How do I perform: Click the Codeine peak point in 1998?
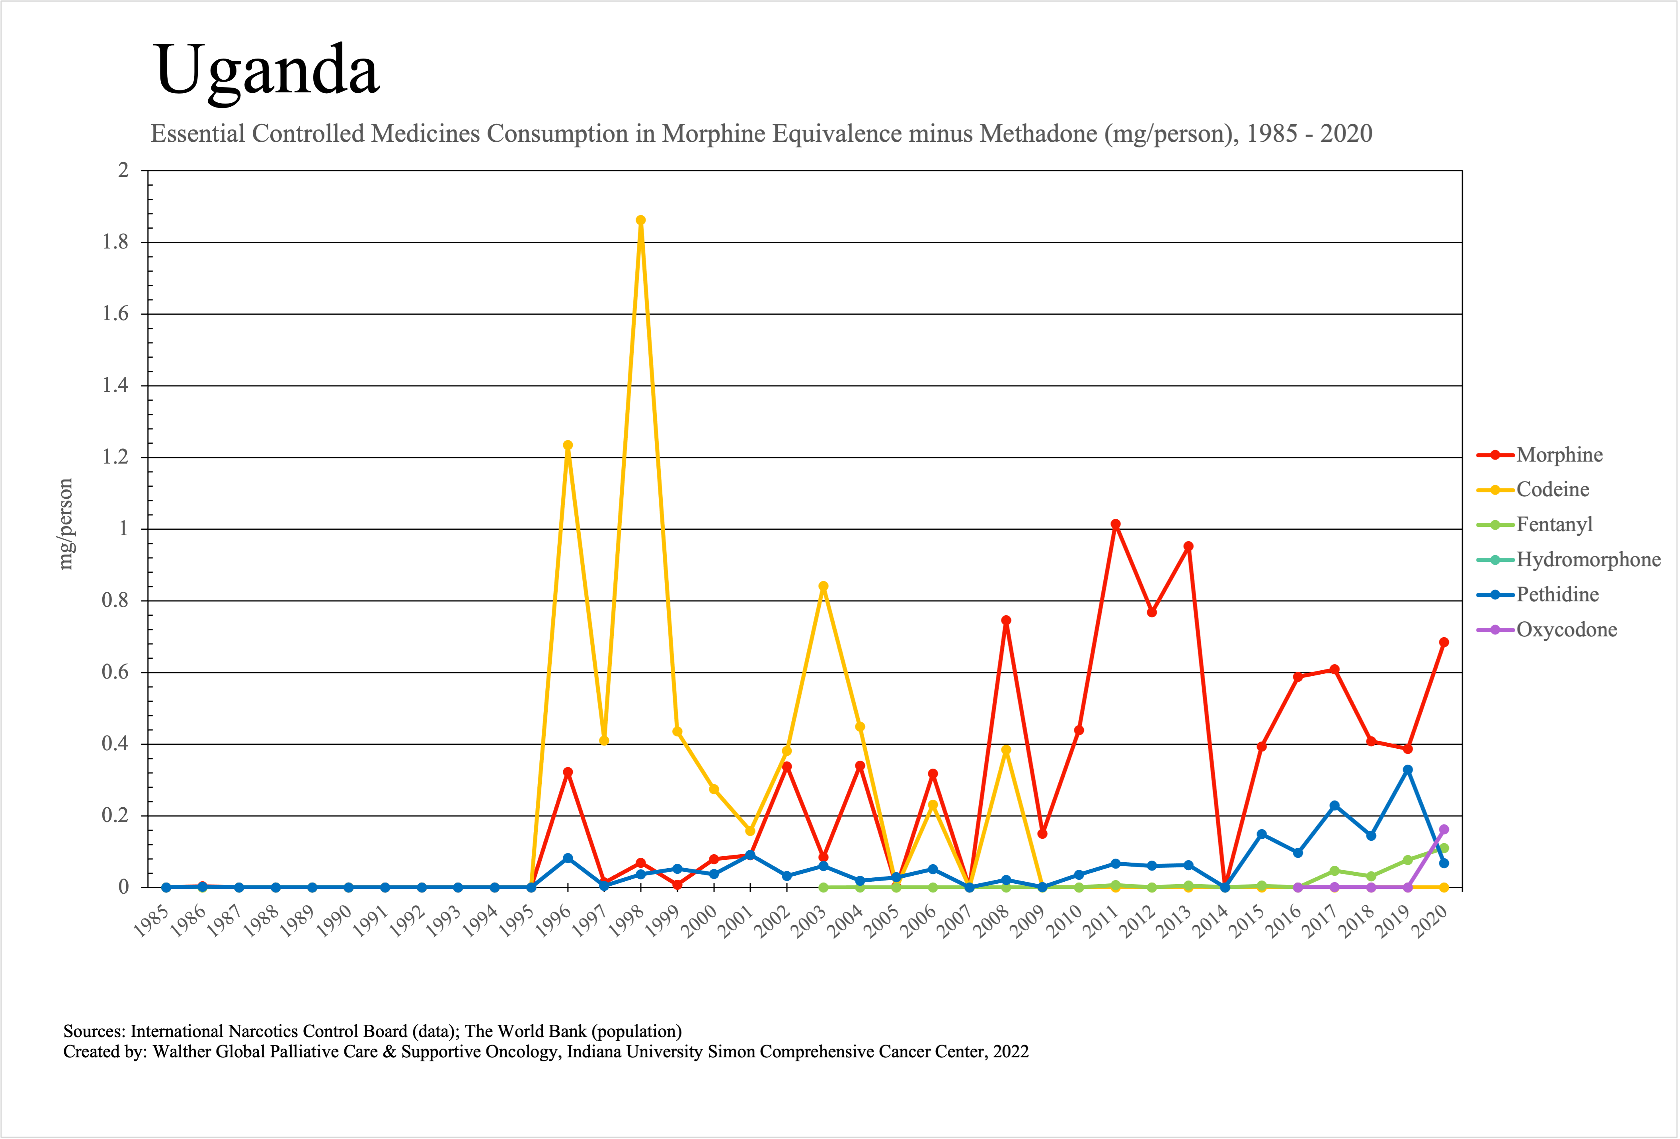[x=640, y=221]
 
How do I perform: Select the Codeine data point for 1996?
[x=568, y=446]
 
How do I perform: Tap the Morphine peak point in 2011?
[x=1115, y=524]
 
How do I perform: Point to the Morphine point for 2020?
[x=1444, y=642]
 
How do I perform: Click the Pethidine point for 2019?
[x=1407, y=770]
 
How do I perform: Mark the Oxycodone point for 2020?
[x=1444, y=830]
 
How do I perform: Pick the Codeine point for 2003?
[x=823, y=587]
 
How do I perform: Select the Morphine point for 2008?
[x=1005, y=620]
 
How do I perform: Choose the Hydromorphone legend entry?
[x=1588, y=560]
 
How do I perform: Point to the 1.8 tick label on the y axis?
[x=116, y=242]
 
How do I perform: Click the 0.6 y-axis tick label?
[x=116, y=673]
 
